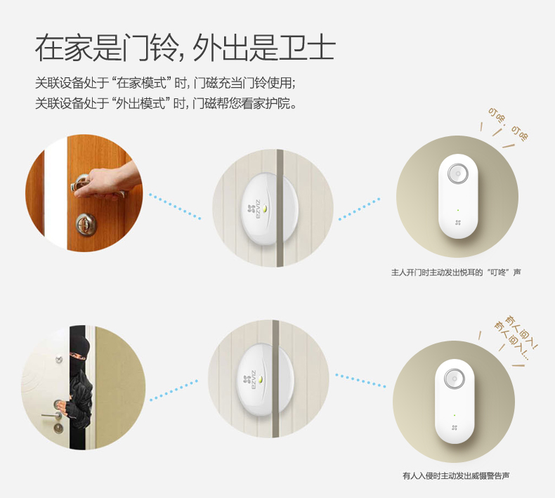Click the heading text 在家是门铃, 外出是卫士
(185, 48)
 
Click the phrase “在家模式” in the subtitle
(142, 83)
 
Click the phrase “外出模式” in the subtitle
(141, 103)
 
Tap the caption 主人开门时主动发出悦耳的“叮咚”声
(456, 273)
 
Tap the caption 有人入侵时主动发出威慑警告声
(456, 476)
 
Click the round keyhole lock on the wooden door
(86, 224)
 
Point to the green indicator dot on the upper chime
(458, 210)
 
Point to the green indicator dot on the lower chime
(455, 415)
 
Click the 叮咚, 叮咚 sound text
(508, 124)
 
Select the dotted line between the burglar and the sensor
(174, 391)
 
